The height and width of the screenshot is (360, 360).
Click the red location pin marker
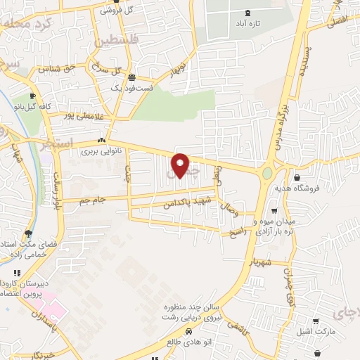(x=180, y=165)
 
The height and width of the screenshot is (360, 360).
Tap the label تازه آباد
(x=247, y=23)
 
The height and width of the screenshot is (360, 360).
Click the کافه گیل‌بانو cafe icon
(x=33, y=96)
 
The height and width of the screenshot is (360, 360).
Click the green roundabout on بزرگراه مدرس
(x=268, y=173)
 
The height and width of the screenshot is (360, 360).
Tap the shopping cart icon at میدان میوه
(x=274, y=210)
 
